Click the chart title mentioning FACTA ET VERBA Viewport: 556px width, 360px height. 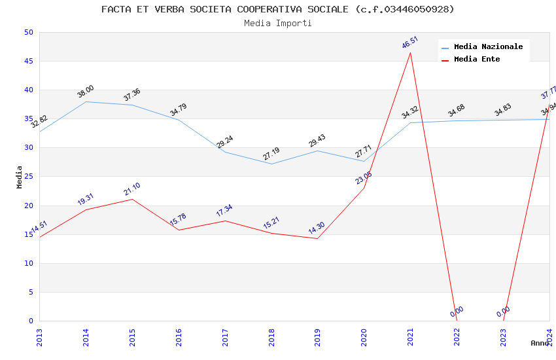[x=278, y=9]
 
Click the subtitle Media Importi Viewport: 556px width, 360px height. [x=278, y=23]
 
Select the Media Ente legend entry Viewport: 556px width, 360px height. [x=477, y=59]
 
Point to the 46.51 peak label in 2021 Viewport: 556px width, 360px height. [x=410, y=43]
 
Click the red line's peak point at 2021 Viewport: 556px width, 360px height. [x=410, y=52]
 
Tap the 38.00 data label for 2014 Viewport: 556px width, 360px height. [x=86, y=92]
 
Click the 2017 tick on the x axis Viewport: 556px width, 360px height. [x=225, y=336]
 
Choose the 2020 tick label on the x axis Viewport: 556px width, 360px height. [x=364, y=336]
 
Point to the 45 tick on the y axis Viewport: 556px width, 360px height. [x=27, y=62]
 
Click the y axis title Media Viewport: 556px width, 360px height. [x=20, y=177]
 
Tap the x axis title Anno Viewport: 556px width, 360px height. [x=540, y=343]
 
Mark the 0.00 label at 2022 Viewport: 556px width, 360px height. [x=457, y=312]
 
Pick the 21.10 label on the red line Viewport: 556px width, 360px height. [x=132, y=189]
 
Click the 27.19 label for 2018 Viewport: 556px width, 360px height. [x=271, y=154]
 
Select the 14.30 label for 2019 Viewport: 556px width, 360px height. [x=317, y=229]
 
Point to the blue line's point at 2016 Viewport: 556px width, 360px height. [x=179, y=120]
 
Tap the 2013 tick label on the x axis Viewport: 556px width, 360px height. [x=39, y=336]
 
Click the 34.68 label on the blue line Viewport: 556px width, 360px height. [x=457, y=111]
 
